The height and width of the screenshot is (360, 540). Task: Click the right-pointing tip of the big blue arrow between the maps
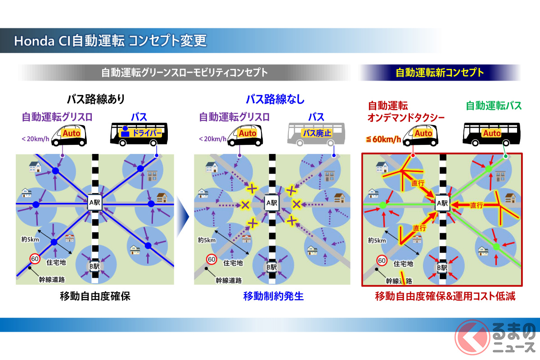[189, 216]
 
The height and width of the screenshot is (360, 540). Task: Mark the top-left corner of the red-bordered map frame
[362, 153]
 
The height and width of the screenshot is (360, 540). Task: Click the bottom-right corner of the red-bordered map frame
[522, 286]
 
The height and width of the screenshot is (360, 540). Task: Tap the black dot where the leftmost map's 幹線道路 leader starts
[30, 268]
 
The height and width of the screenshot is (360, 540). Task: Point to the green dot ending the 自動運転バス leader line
[506, 156]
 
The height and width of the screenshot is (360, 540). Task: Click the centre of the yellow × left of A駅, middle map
[245, 205]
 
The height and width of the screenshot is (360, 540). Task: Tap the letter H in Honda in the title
[18, 41]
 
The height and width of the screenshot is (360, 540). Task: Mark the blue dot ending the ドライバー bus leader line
[157, 156]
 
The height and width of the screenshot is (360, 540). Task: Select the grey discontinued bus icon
[316, 134]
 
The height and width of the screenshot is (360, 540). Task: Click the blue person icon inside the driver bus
[125, 131]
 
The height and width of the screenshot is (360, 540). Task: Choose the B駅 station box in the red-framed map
[442, 268]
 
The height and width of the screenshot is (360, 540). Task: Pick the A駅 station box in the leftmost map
[94, 202]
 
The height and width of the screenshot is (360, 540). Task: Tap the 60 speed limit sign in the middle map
[211, 260]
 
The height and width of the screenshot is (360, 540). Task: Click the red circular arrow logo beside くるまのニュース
[472, 337]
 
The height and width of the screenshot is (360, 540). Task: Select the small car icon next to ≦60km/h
[420, 135]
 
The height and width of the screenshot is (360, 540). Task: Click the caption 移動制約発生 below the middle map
[274, 296]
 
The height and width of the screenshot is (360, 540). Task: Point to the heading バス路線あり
[96, 99]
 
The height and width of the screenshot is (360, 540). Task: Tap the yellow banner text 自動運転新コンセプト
[440, 72]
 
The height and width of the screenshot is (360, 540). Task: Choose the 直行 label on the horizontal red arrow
[477, 205]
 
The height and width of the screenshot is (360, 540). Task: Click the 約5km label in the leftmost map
[30, 239]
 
